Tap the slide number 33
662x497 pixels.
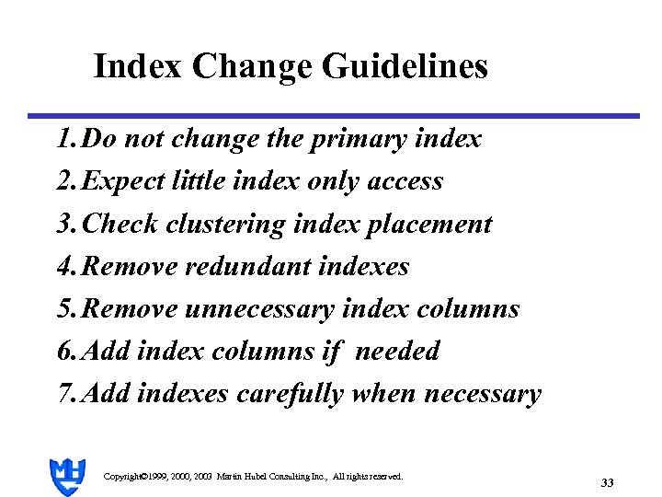pyautogui.click(x=607, y=482)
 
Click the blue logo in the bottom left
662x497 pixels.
pyautogui.click(x=67, y=477)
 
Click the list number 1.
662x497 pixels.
pyautogui.click(x=63, y=140)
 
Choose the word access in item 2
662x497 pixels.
pyautogui.click(x=405, y=182)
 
